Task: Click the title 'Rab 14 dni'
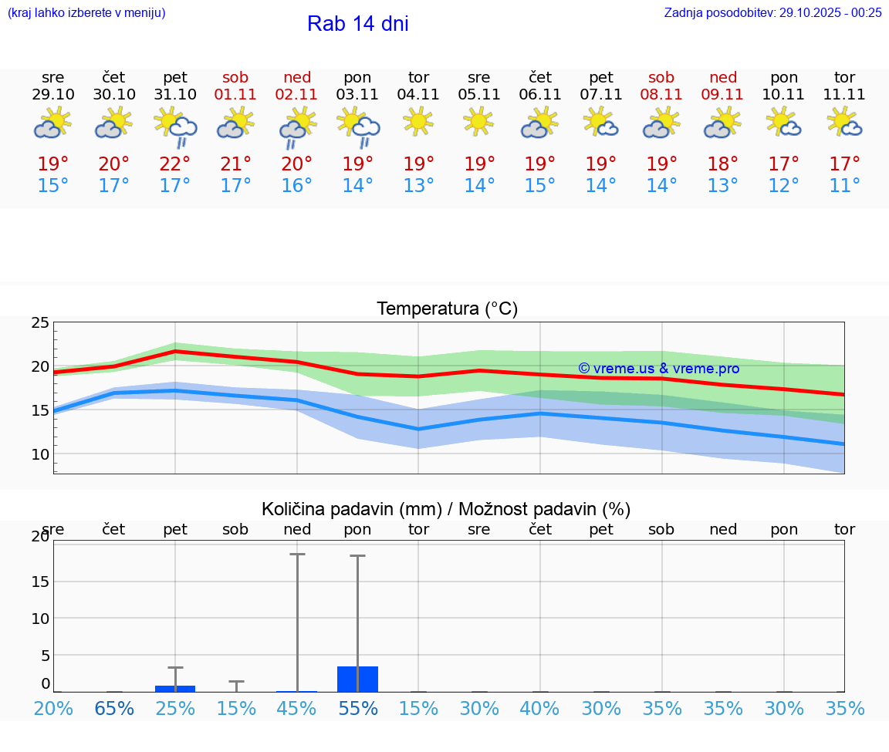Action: [357, 24]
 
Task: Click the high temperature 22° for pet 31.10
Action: [175, 164]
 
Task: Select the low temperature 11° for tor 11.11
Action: [845, 186]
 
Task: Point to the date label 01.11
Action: [236, 95]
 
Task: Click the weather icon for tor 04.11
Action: [418, 121]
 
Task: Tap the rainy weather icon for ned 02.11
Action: [297, 126]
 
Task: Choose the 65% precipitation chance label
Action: [114, 708]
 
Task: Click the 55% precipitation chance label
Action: [358, 708]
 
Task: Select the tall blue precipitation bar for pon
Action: [358, 679]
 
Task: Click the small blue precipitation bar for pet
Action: [175, 688]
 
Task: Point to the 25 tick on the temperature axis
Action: [40, 322]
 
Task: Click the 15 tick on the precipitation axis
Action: [40, 581]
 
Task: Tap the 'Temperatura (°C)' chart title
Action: [447, 309]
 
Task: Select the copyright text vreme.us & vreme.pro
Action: [659, 369]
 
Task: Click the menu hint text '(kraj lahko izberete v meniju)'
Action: [86, 12]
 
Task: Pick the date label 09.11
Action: [723, 95]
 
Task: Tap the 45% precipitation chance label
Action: [297, 708]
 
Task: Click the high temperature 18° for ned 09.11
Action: [723, 164]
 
